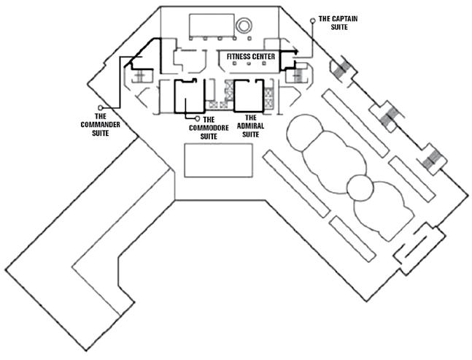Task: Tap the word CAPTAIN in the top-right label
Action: click(x=341, y=18)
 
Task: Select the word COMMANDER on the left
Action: click(x=104, y=124)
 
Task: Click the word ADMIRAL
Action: click(x=250, y=126)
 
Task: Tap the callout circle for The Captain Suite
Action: click(x=314, y=20)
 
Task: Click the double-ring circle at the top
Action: click(x=243, y=26)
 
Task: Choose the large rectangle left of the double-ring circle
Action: click(x=209, y=26)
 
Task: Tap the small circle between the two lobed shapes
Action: click(x=358, y=188)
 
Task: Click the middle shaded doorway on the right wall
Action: click(x=387, y=115)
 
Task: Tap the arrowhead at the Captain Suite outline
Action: click(x=295, y=51)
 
